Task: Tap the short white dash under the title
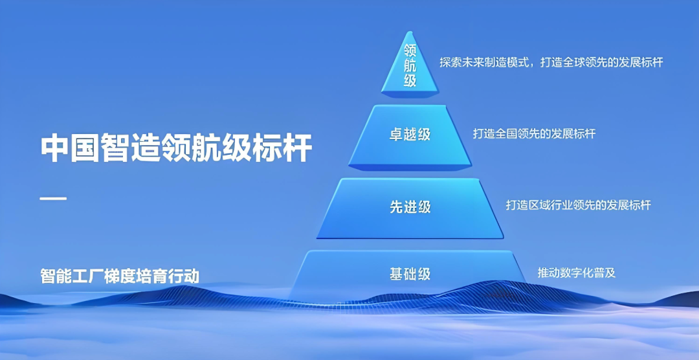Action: (x=53, y=197)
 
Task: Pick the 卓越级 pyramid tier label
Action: (x=410, y=135)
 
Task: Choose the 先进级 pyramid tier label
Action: (x=410, y=207)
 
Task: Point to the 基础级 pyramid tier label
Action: (x=410, y=274)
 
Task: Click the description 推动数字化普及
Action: (x=576, y=273)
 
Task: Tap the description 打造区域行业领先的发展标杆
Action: (x=578, y=205)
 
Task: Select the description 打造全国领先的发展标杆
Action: (x=534, y=134)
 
